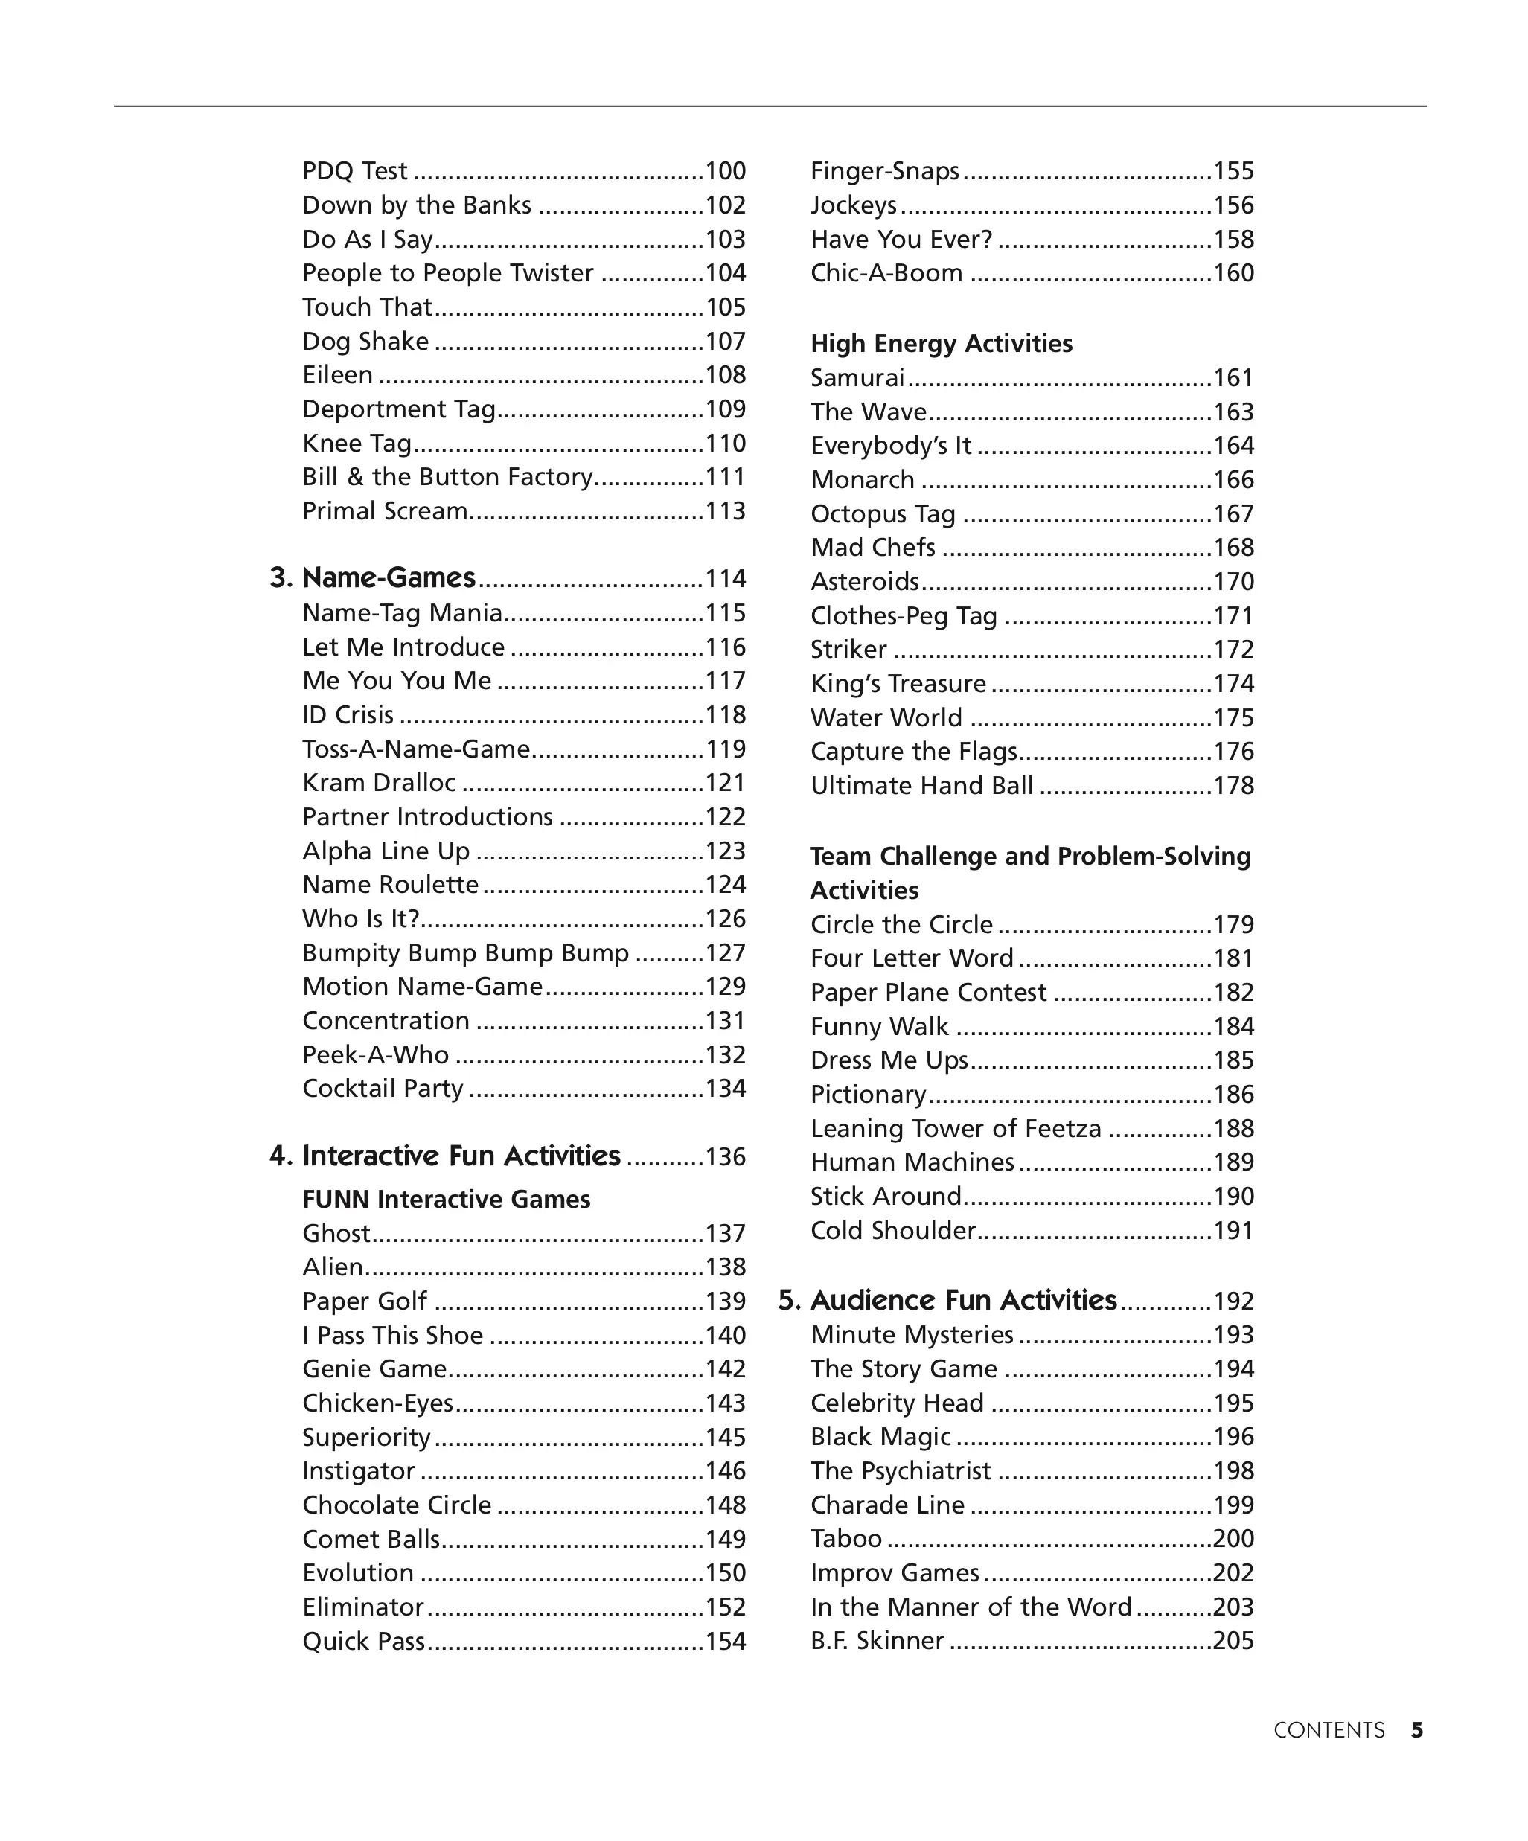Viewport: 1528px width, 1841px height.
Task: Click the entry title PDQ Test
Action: [x=354, y=171]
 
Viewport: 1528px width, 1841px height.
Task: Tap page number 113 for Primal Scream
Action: [x=725, y=511]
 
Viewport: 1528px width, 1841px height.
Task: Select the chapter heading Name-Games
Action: [x=389, y=577]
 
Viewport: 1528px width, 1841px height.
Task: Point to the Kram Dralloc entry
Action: [x=379, y=783]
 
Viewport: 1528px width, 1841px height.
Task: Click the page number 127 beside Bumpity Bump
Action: [x=725, y=953]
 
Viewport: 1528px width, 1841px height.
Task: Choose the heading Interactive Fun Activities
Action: [x=461, y=1156]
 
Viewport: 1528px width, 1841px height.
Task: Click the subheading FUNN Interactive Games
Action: [x=447, y=1200]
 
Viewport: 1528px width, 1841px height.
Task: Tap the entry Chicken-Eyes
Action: [x=378, y=1403]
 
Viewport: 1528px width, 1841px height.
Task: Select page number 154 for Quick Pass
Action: [x=725, y=1641]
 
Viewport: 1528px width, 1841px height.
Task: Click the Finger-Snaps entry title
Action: [x=884, y=171]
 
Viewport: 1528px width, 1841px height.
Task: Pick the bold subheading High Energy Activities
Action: [x=941, y=344]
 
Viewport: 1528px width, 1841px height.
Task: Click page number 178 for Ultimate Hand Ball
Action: [x=1233, y=786]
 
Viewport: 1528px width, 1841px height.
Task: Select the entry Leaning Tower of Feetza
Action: [x=956, y=1128]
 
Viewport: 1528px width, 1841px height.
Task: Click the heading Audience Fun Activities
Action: [x=963, y=1300]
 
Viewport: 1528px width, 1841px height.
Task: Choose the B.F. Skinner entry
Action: [x=877, y=1640]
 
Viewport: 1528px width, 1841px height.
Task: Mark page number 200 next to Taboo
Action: [x=1233, y=1539]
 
